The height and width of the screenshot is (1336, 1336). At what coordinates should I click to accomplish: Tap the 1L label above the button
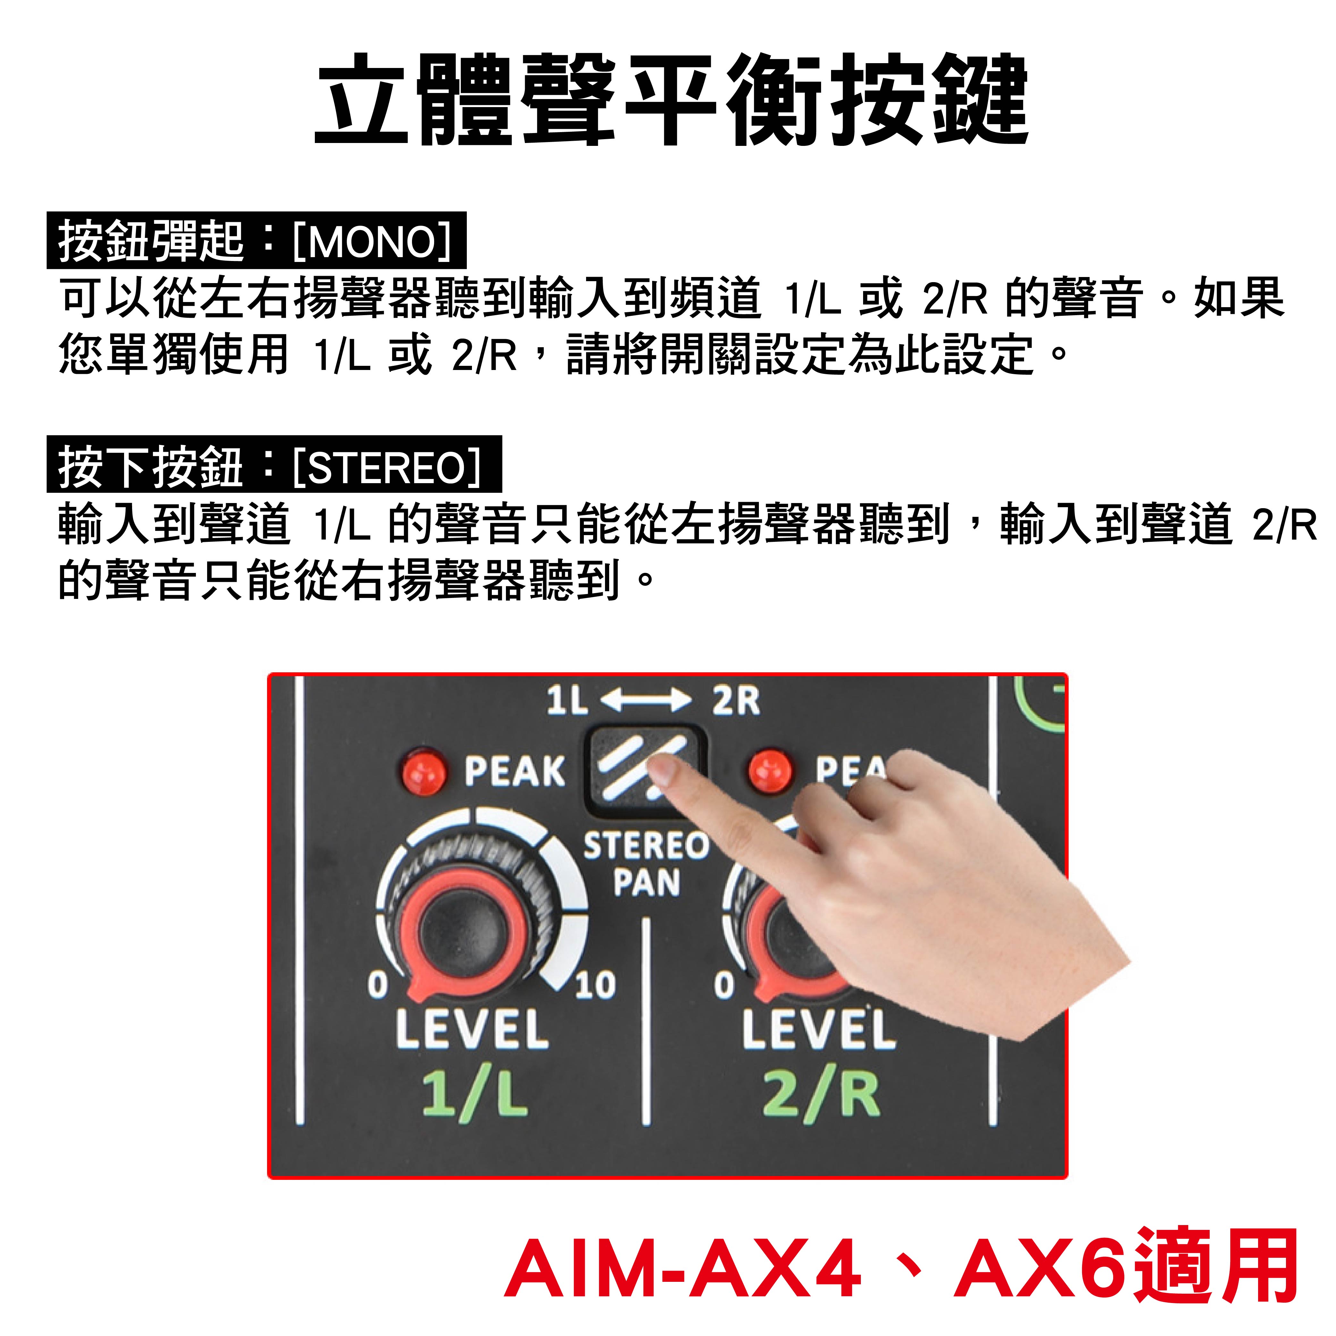coord(567,701)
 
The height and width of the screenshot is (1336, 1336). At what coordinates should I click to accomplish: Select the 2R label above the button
coord(736,701)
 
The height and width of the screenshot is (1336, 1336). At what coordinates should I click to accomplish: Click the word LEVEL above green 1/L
coord(472,1029)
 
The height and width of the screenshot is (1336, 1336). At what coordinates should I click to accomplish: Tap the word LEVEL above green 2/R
coord(819,1029)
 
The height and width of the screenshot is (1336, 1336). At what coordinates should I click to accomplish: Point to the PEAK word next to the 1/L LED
coord(515,771)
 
